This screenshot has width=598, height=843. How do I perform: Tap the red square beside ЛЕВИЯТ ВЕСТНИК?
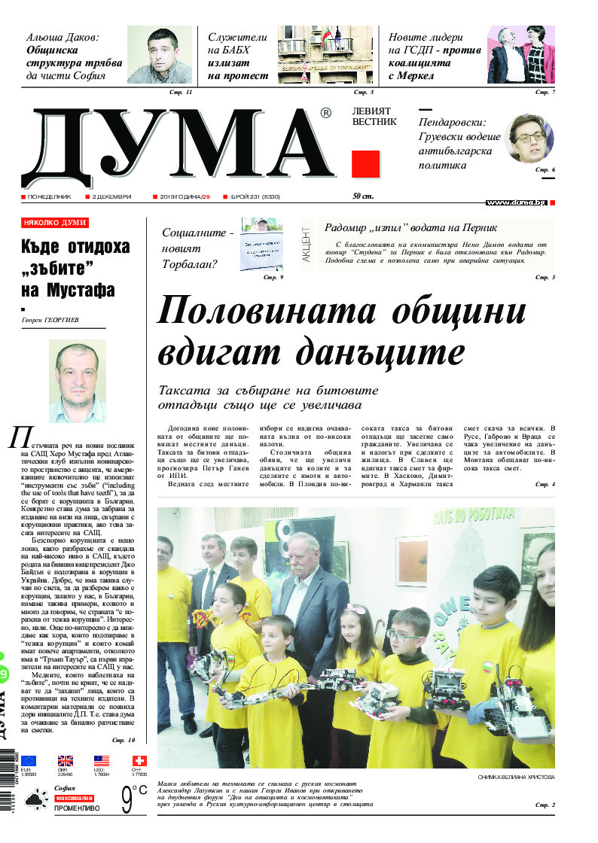coord(366,163)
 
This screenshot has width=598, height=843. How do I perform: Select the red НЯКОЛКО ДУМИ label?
coord(55,223)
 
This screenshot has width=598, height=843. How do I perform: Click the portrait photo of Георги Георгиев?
coord(78,381)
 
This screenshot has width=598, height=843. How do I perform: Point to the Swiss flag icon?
coord(139,761)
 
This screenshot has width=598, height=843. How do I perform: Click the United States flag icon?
coord(102,761)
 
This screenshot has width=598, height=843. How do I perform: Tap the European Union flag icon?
coord(29,761)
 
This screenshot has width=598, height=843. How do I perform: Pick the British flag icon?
coord(66,761)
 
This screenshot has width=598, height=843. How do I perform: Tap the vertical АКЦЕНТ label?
coord(306,245)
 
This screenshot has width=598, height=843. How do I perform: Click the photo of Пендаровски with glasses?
coord(529,138)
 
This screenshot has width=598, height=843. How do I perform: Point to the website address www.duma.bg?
coord(516,202)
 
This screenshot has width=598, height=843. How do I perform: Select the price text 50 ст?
coord(363,196)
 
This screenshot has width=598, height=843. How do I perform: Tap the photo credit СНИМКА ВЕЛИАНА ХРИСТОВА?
coord(516,776)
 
